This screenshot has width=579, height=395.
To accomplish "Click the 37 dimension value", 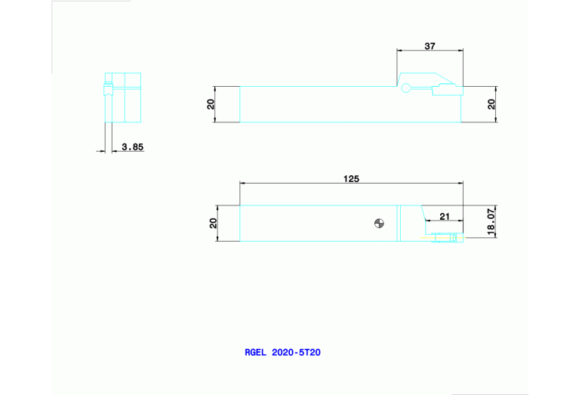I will (430, 46).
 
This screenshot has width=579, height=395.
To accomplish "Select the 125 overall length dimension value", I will (351, 179).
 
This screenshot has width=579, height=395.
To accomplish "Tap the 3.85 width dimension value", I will (132, 147).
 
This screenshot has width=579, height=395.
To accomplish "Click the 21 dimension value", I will (445, 216).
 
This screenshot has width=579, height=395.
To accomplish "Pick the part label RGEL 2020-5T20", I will (283, 352).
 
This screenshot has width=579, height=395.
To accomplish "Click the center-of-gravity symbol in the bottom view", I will (380, 223).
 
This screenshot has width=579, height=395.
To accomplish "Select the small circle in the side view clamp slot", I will (406, 88).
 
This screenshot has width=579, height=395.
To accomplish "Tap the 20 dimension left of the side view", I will (211, 103).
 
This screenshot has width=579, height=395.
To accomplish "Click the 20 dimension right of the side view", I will (491, 103).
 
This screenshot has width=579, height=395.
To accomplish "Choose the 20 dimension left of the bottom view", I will (214, 223).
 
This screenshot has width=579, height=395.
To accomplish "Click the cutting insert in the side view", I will (446, 91).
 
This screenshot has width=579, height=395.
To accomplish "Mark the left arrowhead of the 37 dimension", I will (400, 51).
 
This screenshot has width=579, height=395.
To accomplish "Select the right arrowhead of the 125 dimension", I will (460, 184).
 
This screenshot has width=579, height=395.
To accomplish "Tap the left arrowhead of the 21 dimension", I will (428, 221).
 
